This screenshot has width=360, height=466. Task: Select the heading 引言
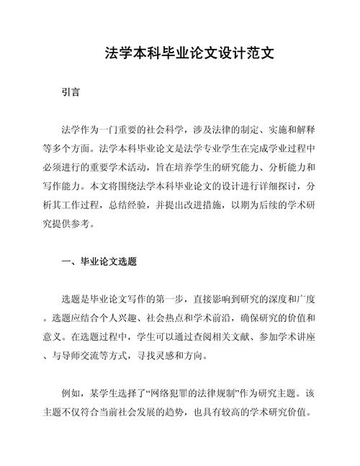(71, 93)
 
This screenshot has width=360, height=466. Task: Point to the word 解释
(305, 130)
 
